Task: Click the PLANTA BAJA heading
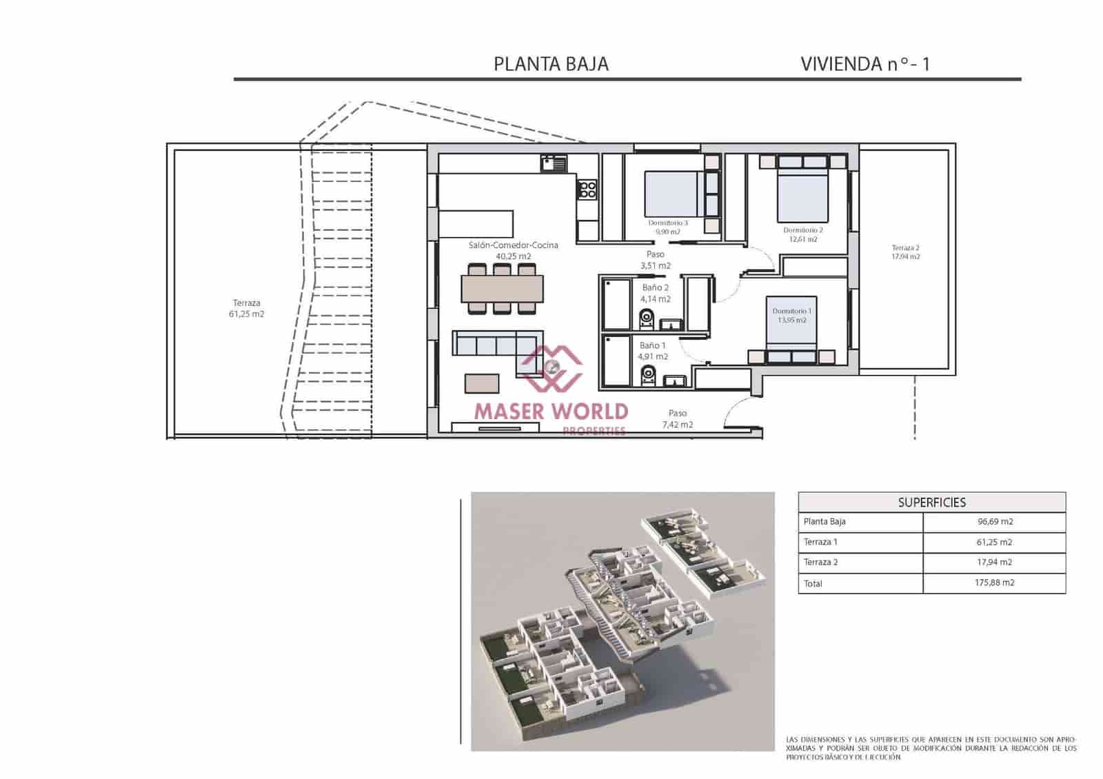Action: (x=551, y=64)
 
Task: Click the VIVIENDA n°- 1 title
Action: (x=864, y=64)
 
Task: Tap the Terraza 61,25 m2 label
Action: (x=246, y=308)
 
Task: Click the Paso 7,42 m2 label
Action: (x=677, y=418)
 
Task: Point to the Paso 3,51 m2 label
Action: (x=655, y=260)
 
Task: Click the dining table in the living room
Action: (x=502, y=289)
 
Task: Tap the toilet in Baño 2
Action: (x=646, y=318)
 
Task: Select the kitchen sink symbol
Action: (x=554, y=164)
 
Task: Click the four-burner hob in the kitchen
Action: (x=587, y=189)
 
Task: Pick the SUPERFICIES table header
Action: (x=931, y=503)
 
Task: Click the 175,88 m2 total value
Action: (x=994, y=583)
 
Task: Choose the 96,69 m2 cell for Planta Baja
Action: (x=994, y=522)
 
